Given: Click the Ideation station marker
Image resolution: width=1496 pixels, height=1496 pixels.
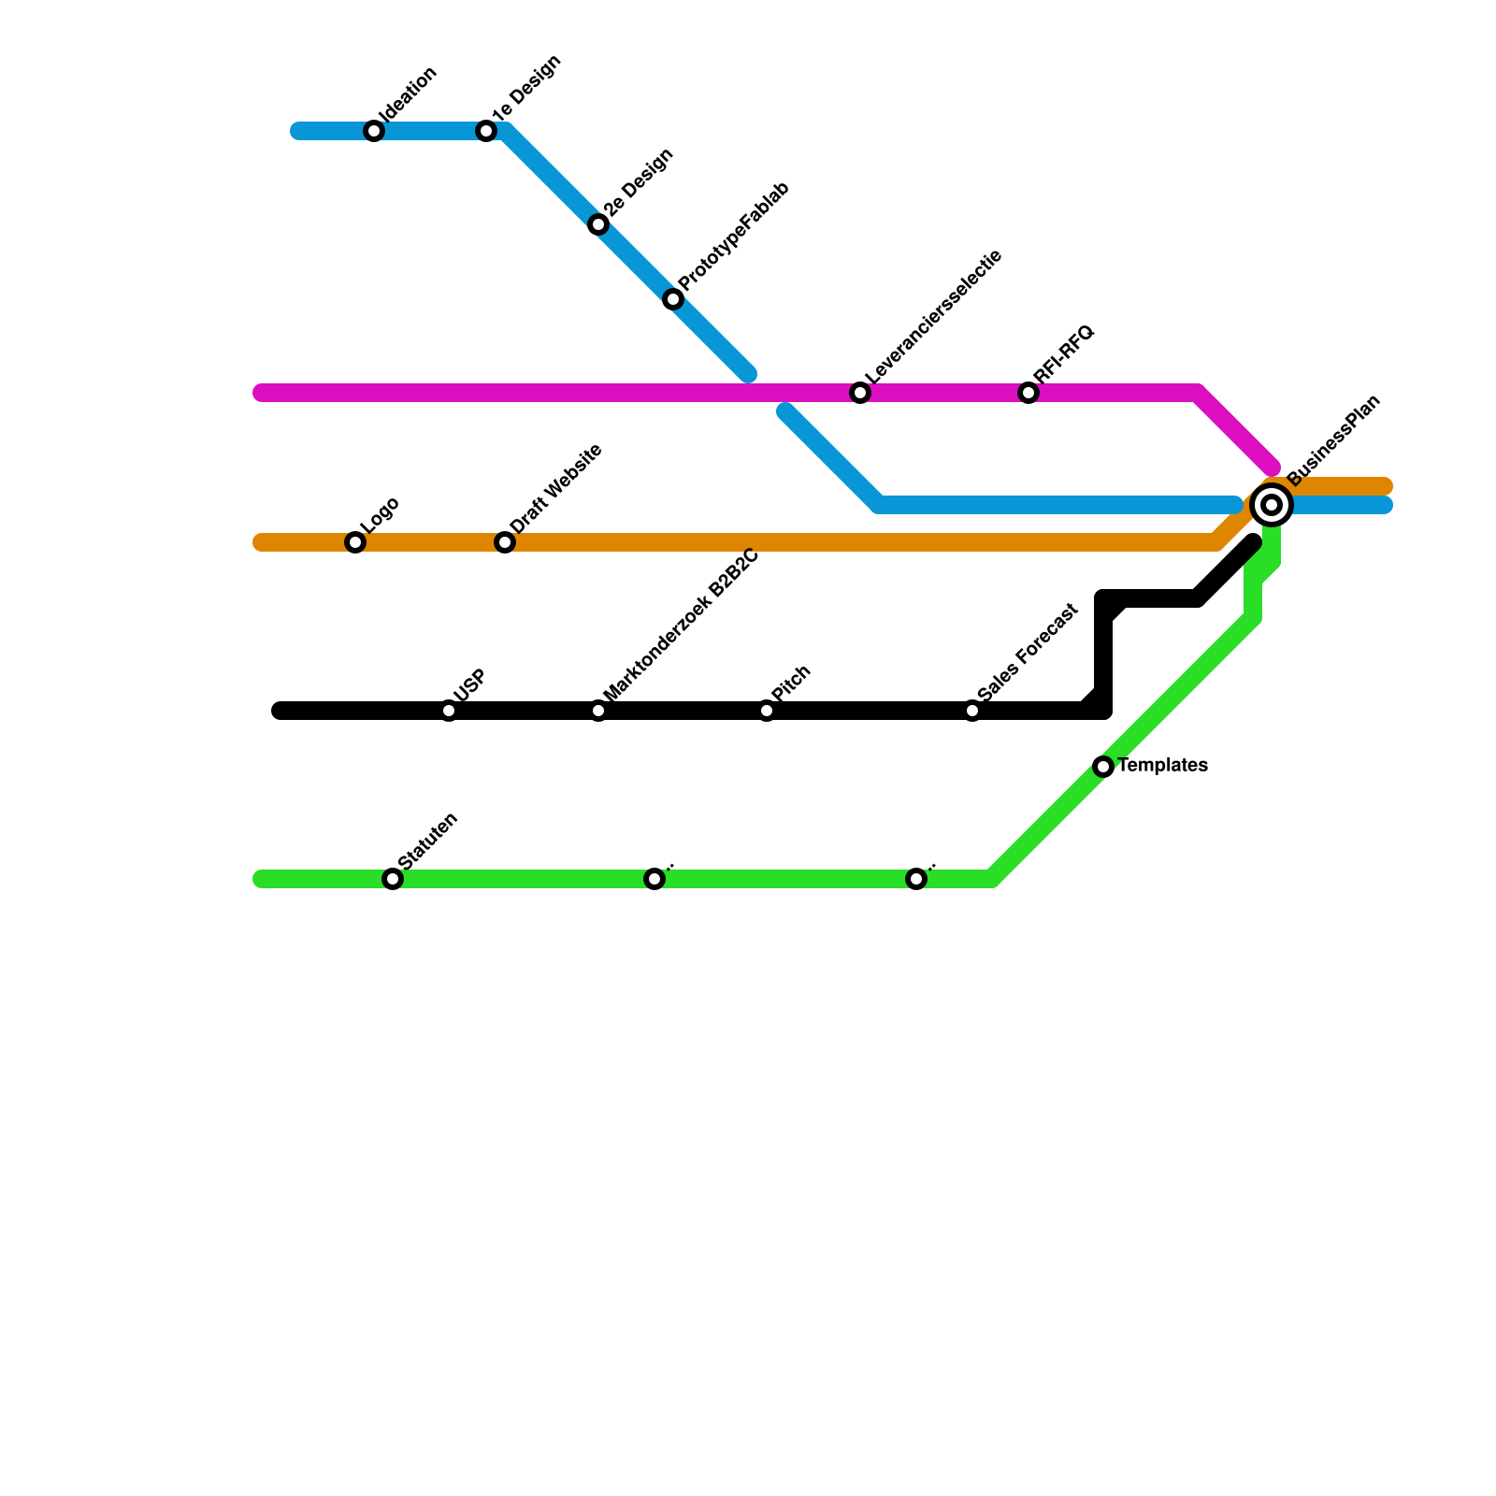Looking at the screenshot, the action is click(374, 131).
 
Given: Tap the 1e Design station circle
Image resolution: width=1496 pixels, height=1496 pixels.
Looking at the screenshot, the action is click(486, 131).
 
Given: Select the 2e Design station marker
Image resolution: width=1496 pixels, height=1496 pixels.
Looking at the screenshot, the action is click(598, 224).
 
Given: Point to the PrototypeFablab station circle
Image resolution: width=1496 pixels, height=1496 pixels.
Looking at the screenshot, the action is click(673, 299).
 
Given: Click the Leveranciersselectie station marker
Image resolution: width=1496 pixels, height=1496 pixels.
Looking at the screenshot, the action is click(860, 393).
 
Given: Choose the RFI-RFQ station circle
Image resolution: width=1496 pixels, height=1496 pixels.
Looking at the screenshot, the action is click(1028, 393).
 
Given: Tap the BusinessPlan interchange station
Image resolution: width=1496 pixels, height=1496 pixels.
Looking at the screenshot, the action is click(1272, 505).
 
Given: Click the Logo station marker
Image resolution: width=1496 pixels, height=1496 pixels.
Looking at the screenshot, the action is click(355, 542).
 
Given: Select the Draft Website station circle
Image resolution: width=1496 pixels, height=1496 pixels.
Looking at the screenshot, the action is click(505, 542).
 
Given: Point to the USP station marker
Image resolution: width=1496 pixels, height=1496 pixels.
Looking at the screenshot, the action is click(449, 711).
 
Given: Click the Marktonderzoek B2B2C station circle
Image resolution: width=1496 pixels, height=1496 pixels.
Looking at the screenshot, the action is click(598, 711).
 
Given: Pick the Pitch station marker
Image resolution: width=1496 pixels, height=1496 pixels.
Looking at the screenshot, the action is click(767, 711).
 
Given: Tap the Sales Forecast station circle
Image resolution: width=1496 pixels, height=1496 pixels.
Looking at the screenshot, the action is click(972, 711).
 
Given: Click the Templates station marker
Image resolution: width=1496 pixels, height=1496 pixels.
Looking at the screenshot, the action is click(1103, 767).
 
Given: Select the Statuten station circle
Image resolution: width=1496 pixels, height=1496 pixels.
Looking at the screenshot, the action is click(393, 879).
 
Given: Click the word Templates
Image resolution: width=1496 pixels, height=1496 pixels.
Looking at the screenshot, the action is click(1163, 766).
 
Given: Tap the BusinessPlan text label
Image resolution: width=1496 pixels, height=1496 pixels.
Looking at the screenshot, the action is click(1333, 441).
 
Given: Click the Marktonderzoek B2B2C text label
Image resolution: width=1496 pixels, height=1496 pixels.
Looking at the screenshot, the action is click(681, 626).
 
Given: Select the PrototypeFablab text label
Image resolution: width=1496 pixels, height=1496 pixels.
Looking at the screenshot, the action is click(734, 237).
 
